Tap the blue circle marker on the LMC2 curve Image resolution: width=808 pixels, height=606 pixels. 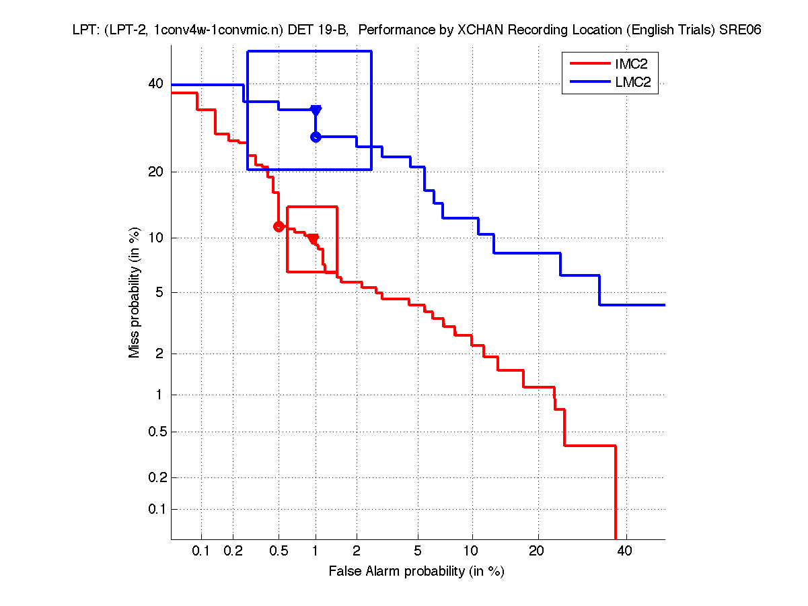[316, 137]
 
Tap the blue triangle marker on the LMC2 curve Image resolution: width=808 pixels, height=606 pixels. [316, 110]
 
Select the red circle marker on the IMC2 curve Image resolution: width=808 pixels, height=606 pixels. [279, 226]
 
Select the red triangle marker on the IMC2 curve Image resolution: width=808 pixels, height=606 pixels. [313, 239]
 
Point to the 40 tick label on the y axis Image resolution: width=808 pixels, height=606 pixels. [155, 84]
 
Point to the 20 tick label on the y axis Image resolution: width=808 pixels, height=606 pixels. [155, 172]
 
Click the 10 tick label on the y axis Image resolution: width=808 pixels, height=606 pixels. [155, 238]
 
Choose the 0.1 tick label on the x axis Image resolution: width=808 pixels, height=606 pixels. [201, 551]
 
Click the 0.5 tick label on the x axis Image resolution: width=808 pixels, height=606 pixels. [279, 551]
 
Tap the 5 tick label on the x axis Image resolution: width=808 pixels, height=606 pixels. [418, 551]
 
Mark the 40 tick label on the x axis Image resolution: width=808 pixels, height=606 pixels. [626, 551]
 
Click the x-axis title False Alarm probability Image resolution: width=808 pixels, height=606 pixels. [416, 572]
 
